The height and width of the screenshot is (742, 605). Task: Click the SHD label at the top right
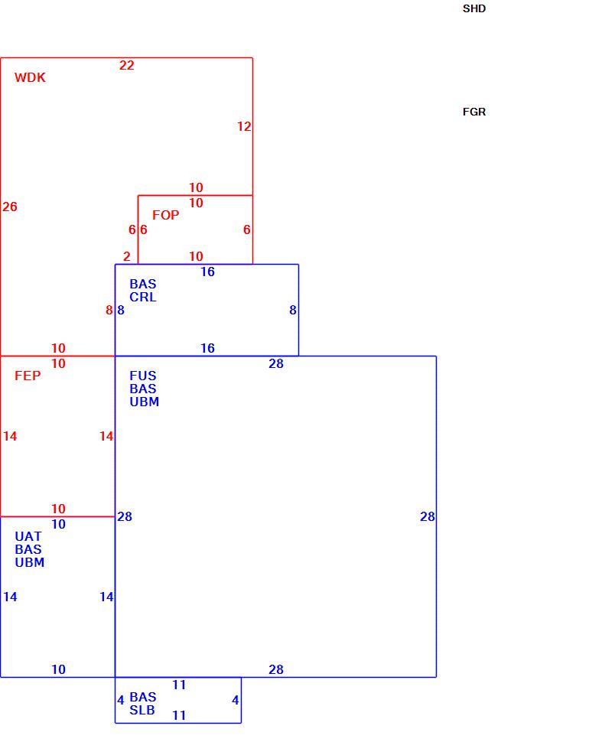click(x=474, y=8)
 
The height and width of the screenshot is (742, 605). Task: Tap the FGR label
click(x=474, y=112)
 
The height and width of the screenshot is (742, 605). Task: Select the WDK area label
click(x=30, y=77)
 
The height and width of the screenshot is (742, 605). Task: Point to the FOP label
click(x=165, y=215)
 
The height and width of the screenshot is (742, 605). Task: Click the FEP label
click(x=28, y=376)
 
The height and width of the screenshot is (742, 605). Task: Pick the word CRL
click(x=143, y=297)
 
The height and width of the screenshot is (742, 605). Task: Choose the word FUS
click(x=143, y=376)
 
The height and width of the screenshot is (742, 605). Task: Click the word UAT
click(x=28, y=537)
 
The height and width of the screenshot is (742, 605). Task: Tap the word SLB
click(x=142, y=711)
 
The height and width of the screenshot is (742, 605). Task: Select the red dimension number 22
click(x=127, y=65)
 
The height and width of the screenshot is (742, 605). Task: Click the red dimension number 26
click(x=10, y=207)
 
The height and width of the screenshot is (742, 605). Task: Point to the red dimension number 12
click(x=244, y=126)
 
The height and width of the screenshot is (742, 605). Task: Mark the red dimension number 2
click(x=127, y=256)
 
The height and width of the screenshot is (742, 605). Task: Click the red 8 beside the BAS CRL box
click(x=109, y=310)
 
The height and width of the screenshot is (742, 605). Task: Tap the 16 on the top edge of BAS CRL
click(x=208, y=272)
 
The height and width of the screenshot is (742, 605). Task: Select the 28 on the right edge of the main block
click(x=428, y=517)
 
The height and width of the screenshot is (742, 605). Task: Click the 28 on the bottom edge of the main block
click(x=276, y=669)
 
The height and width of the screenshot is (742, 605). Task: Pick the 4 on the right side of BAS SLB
click(x=235, y=701)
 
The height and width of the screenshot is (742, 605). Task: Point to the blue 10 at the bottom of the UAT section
click(x=59, y=669)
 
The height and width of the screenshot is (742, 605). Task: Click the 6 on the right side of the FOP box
click(x=247, y=229)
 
